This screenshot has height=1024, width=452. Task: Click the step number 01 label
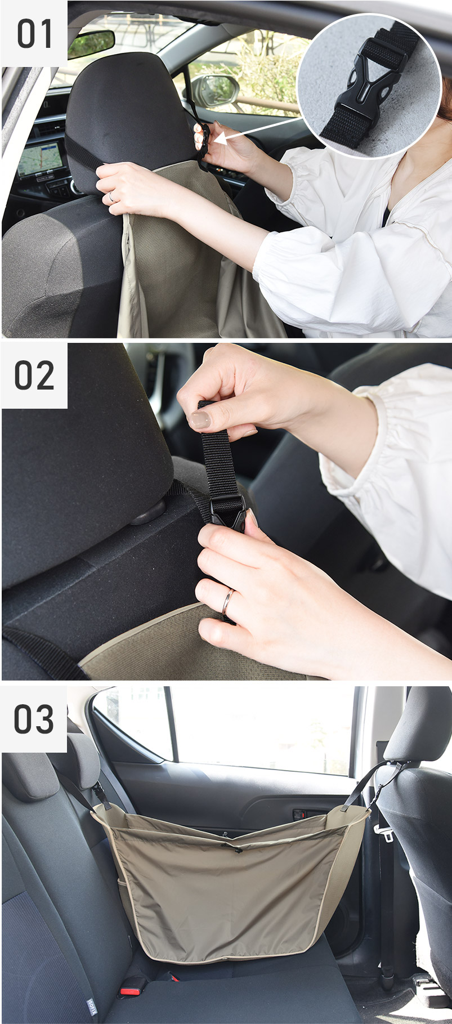click(x=34, y=34)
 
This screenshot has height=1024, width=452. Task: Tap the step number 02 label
click(x=34, y=375)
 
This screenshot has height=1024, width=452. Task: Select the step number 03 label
click(x=34, y=719)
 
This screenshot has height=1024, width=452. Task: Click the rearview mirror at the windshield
click(x=91, y=44)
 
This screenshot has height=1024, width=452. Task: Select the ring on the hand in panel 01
click(x=111, y=197)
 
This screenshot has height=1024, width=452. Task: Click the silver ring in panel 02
click(x=226, y=601)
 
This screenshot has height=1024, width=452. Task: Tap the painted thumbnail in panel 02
click(x=199, y=419)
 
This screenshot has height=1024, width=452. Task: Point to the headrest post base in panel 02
click(x=149, y=512)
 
